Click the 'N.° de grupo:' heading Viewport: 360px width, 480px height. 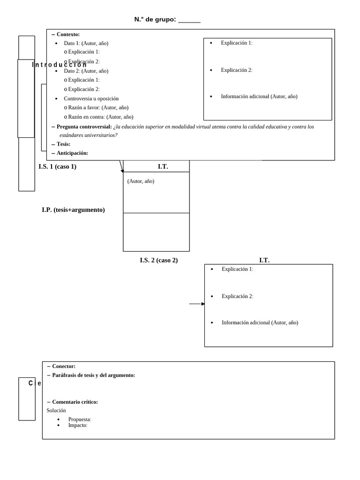pos(155,19)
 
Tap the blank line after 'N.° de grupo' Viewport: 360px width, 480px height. pos(189,20)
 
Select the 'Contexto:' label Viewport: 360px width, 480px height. pos(68,34)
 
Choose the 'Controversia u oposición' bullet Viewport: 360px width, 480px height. pos(91,98)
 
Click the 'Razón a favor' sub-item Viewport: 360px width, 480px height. pos(98,107)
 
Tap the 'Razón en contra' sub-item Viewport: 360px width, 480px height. pos(100,117)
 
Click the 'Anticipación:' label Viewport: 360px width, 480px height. pos(72,153)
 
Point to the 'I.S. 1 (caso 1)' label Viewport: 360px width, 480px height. pos(57,166)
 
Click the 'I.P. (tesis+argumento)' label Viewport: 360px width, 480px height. pos(73,210)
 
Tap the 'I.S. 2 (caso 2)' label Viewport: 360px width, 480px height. pos(158,260)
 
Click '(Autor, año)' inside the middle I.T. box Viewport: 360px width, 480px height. pos(141,181)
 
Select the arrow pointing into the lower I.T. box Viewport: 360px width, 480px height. pos(197,304)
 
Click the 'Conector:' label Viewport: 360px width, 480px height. pos(64,366)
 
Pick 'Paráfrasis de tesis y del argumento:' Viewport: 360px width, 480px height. pos(93,375)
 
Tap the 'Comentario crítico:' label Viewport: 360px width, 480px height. pos(75,402)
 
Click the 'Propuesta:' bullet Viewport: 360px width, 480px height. pos(79,419)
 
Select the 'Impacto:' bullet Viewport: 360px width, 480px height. pos(78,425)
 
